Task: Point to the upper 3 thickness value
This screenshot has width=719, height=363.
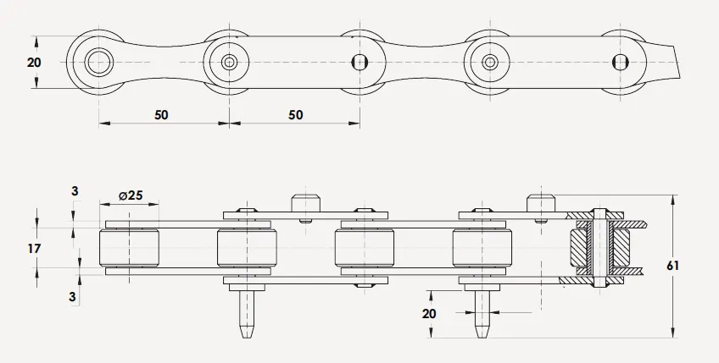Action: pos(74,192)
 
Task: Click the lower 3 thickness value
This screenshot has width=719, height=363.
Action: pos(74,297)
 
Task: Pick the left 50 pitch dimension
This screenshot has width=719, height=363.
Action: pos(161,114)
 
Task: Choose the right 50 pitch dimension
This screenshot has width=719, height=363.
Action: pos(295,114)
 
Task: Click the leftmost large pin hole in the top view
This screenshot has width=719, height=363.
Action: pos(99,62)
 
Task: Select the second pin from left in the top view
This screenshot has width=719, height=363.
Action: pos(230,62)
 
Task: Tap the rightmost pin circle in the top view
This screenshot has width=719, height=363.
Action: pos(620,61)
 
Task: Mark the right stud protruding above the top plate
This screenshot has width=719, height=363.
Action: pos(540,203)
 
